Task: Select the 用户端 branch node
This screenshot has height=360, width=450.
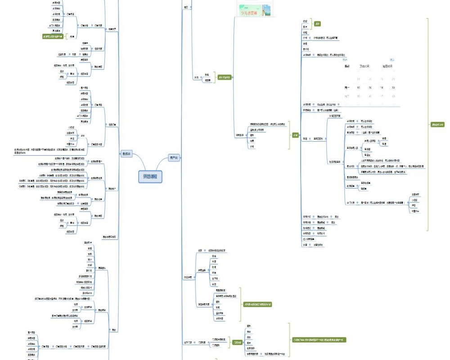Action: [x=173, y=157]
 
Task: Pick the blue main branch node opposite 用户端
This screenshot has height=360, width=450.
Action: [x=127, y=154]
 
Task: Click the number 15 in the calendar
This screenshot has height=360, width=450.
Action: [x=358, y=88]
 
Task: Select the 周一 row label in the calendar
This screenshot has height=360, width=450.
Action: [x=346, y=88]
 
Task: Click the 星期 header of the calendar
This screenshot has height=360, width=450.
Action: [x=347, y=67]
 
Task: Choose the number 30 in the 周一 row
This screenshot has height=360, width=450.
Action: [x=370, y=88]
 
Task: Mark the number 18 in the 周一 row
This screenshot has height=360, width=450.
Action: [x=382, y=88]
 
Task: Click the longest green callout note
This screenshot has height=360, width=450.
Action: [x=320, y=340]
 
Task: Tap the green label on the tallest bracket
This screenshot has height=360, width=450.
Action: [x=437, y=125]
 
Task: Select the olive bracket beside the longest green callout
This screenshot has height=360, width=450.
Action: [x=288, y=340]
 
